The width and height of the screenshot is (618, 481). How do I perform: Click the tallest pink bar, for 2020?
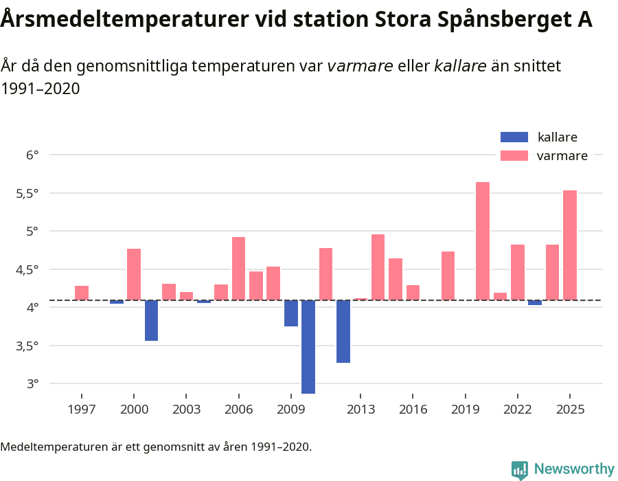click(x=483, y=240)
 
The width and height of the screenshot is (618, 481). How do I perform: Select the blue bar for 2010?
click(x=308, y=346)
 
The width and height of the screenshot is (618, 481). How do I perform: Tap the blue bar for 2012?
click(x=343, y=331)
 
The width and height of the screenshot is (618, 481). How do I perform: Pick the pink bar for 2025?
click(x=570, y=245)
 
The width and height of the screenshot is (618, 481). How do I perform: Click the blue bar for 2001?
click(x=151, y=320)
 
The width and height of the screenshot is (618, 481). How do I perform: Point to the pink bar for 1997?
click(x=82, y=293)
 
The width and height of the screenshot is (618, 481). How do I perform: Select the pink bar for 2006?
click(x=238, y=268)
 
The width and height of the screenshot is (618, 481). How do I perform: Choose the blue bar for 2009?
click(x=291, y=313)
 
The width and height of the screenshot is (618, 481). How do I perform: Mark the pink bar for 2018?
click(x=448, y=276)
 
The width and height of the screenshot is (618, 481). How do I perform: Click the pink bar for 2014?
click(x=378, y=267)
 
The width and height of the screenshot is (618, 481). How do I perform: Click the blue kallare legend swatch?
click(x=514, y=137)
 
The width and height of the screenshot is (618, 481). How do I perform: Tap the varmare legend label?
click(x=562, y=156)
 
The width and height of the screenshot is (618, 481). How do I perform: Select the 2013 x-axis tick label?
click(x=360, y=410)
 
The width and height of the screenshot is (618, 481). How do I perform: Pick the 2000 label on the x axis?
click(x=134, y=410)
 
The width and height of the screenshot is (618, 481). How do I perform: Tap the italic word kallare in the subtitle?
click(x=460, y=66)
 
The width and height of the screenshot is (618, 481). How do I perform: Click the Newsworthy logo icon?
click(x=520, y=469)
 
